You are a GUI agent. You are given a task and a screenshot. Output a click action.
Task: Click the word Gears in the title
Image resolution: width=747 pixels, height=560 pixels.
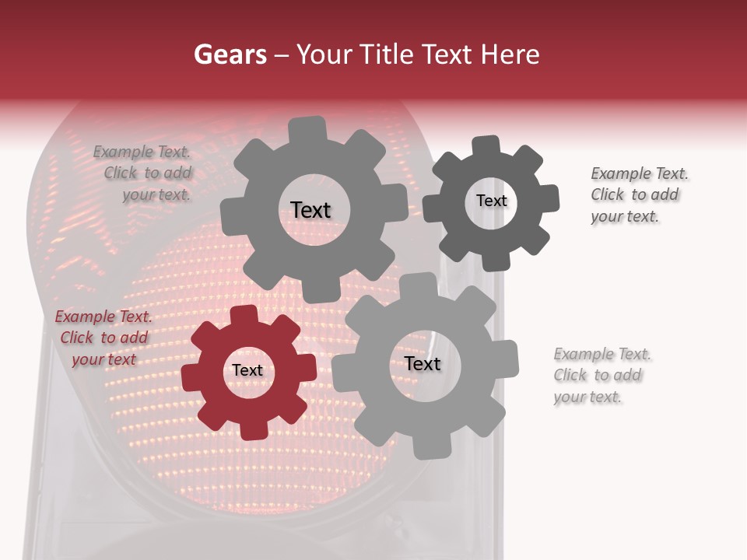230,54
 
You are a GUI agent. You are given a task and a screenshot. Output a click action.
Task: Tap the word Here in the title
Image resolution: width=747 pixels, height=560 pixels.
510,54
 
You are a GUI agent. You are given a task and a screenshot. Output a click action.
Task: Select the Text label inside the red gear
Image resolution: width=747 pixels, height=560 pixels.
247,371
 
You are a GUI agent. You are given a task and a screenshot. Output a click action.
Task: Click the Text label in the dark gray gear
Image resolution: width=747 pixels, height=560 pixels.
491,201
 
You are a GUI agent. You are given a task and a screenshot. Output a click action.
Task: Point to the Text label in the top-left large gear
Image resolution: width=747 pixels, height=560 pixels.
310,210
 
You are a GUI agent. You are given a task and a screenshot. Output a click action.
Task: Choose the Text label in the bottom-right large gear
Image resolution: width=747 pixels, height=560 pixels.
423,364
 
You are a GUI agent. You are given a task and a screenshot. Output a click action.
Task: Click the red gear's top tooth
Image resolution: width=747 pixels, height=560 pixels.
244,316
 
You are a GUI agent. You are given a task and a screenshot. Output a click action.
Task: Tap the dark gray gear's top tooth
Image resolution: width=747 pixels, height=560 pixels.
486,147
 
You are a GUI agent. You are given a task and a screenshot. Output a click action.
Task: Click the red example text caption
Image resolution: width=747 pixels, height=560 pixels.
103,338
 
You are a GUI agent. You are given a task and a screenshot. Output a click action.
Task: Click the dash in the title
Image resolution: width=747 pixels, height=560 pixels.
282,54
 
